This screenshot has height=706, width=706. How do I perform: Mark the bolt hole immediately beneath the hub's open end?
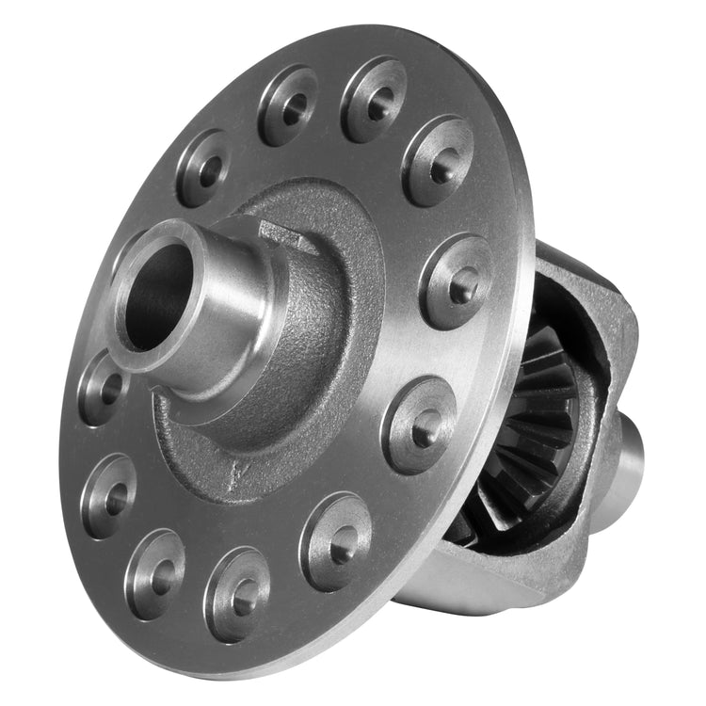pos(104,386)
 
